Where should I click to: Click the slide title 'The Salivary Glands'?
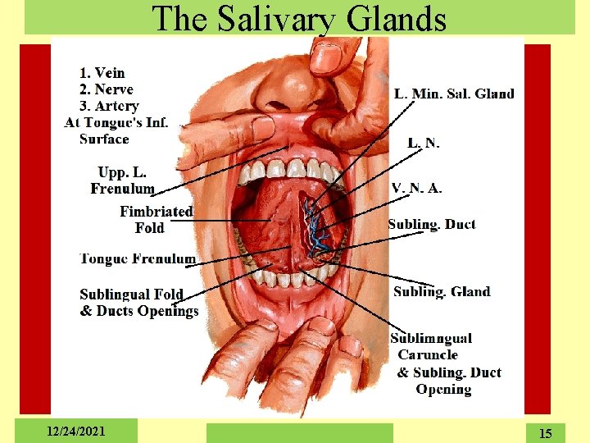(x=300, y=18)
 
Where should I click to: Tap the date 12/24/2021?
(x=76, y=431)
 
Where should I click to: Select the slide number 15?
(x=545, y=432)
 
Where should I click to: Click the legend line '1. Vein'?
(x=102, y=73)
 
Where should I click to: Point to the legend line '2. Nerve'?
(x=107, y=89)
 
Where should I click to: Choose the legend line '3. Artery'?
(x=109, y=106)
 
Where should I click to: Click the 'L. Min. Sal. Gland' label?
(x=454, y=94)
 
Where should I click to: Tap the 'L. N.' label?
(x=424, y=143)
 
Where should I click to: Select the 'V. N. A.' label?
(x=417, y=188)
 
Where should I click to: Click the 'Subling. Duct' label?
(x=432, y=224)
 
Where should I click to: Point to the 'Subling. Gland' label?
(x=442, y=291)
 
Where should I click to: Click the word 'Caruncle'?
(x=428, y=355)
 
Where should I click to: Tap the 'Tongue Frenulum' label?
(x=138, y=258)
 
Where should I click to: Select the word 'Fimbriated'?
(x=157, y=212)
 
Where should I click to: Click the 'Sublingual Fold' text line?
(x=131, y=295)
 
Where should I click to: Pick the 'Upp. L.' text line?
(x=122, y=172)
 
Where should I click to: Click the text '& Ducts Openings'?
(x=139, y=311)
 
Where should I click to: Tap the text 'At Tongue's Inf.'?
(x=116, y=123)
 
